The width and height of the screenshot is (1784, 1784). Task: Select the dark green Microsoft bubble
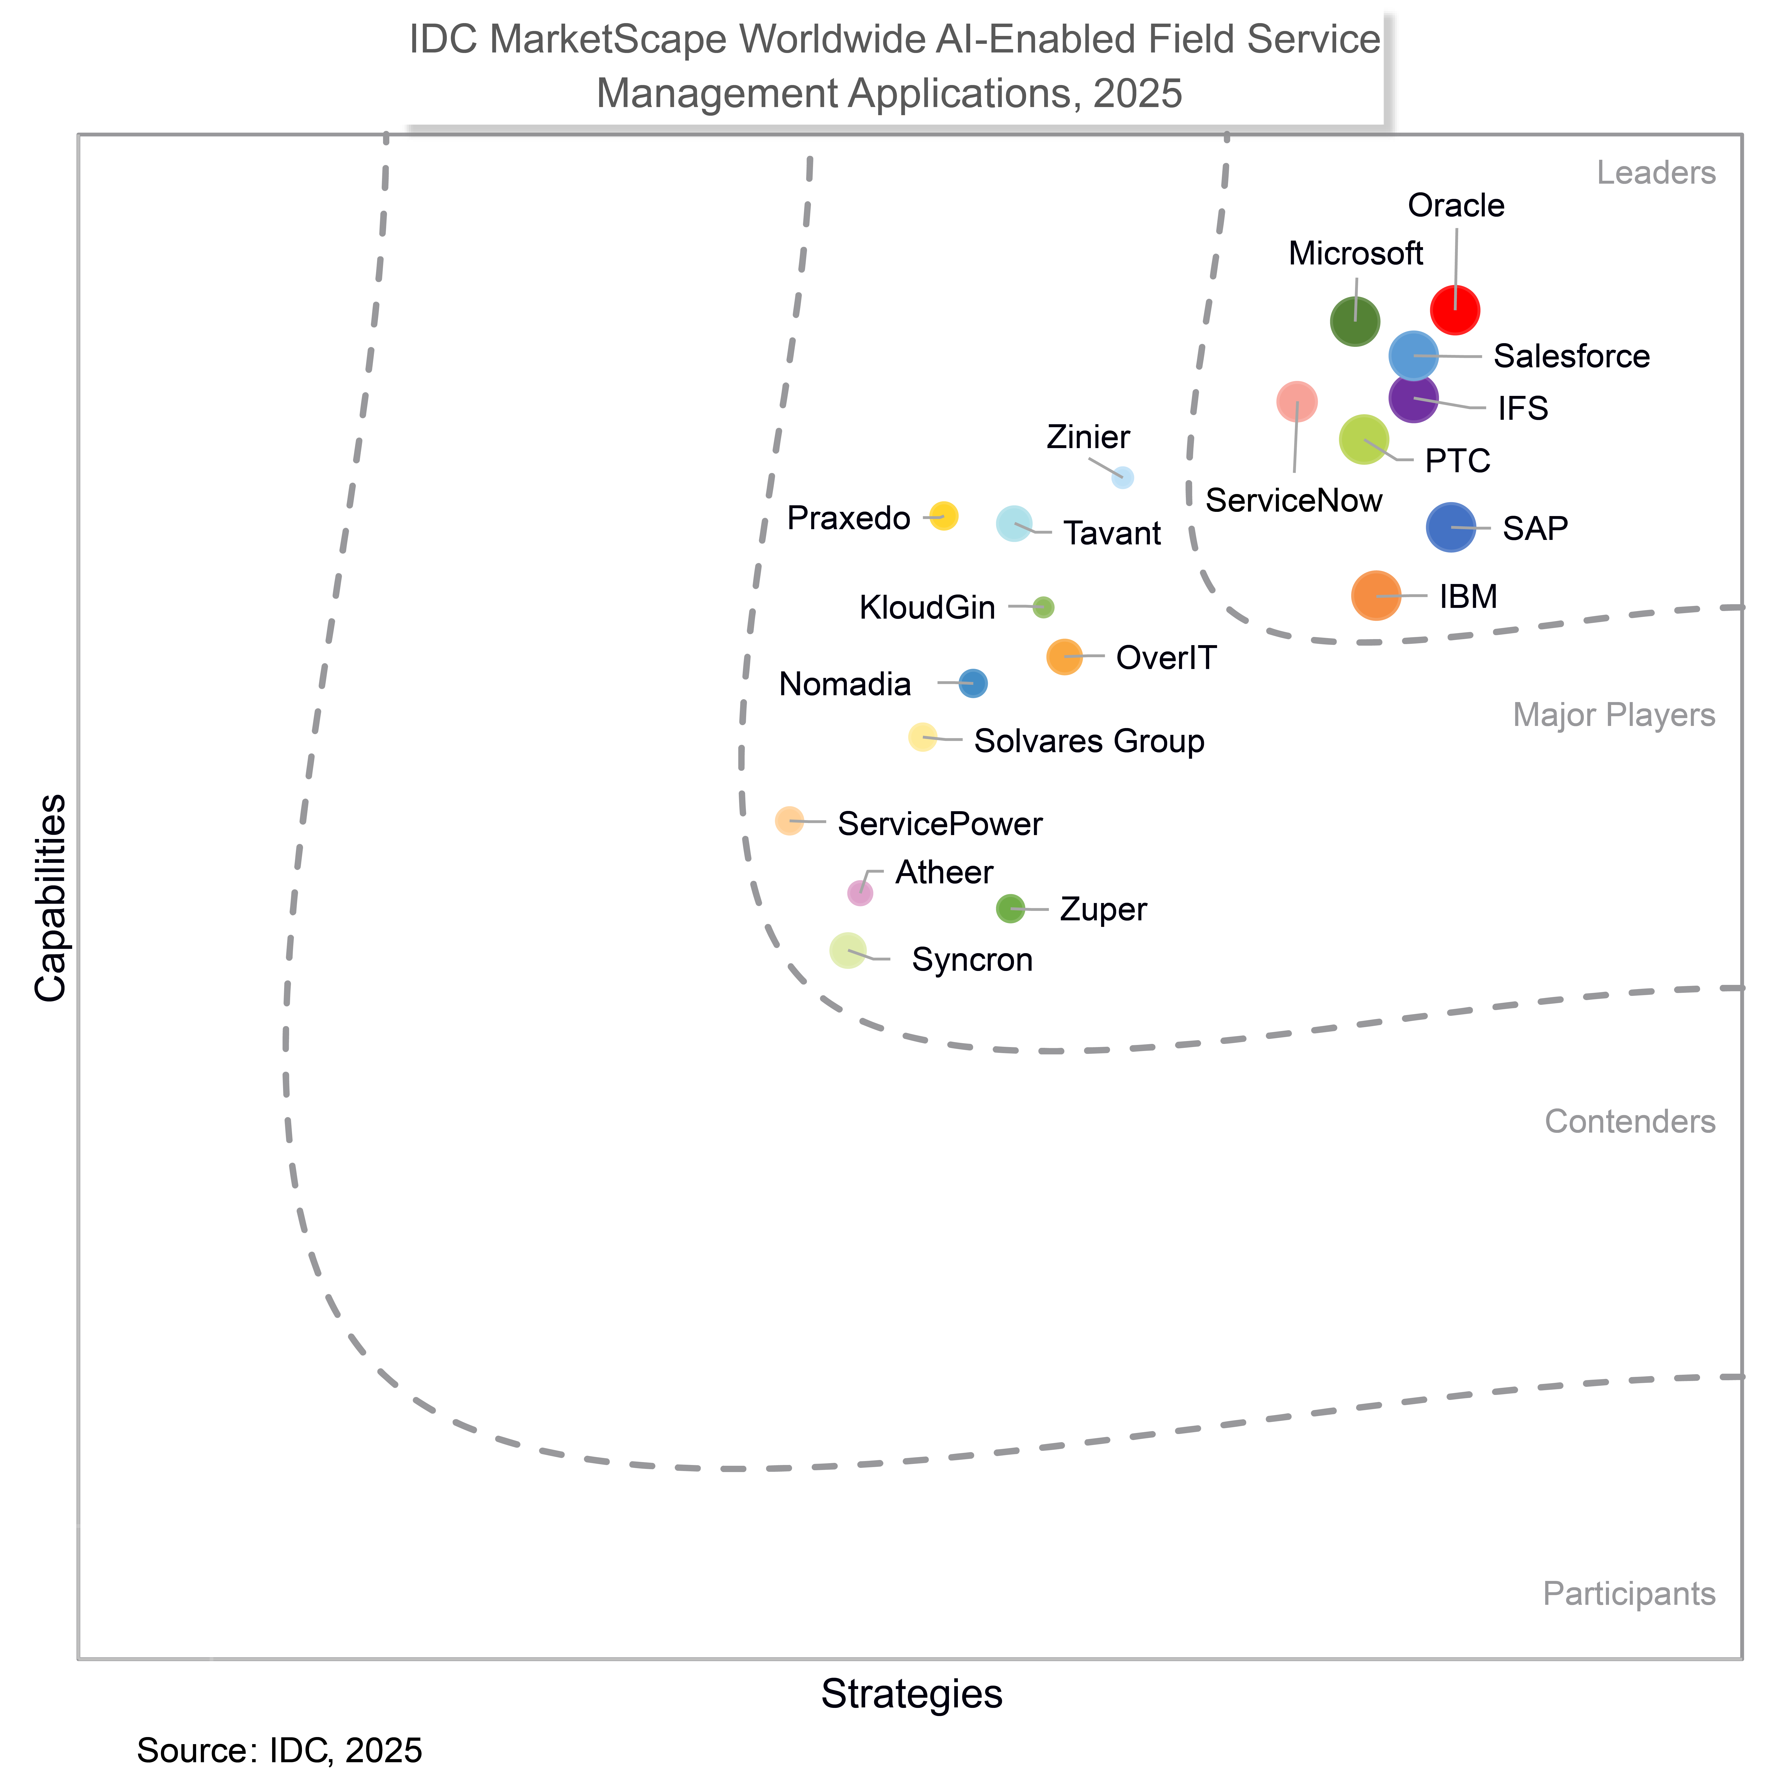(x=1355, y=321)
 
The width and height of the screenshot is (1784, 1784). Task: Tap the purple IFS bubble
(x=1413, y=398)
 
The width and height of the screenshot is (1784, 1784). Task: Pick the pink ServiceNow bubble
(x=1297, y=401)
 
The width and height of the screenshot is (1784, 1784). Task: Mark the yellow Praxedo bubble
(x=943, y=515)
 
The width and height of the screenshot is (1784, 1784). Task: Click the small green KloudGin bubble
(x=1043, y=607)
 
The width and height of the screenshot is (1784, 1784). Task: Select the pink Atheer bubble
(x=860, y=892)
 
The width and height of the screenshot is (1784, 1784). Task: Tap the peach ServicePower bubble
(x=789, y=820)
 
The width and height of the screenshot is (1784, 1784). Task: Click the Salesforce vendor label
(x=1571, y=357)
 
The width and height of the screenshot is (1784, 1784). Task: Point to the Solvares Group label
(x=1089, y=741)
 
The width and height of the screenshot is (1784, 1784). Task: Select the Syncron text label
(x=971, y=960)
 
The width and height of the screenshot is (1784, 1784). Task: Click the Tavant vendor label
(x=1112, y=534)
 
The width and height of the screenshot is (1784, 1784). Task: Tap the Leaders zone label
(x=1656, y=173)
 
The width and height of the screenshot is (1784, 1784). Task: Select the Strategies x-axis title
(x=911, y=1693)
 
